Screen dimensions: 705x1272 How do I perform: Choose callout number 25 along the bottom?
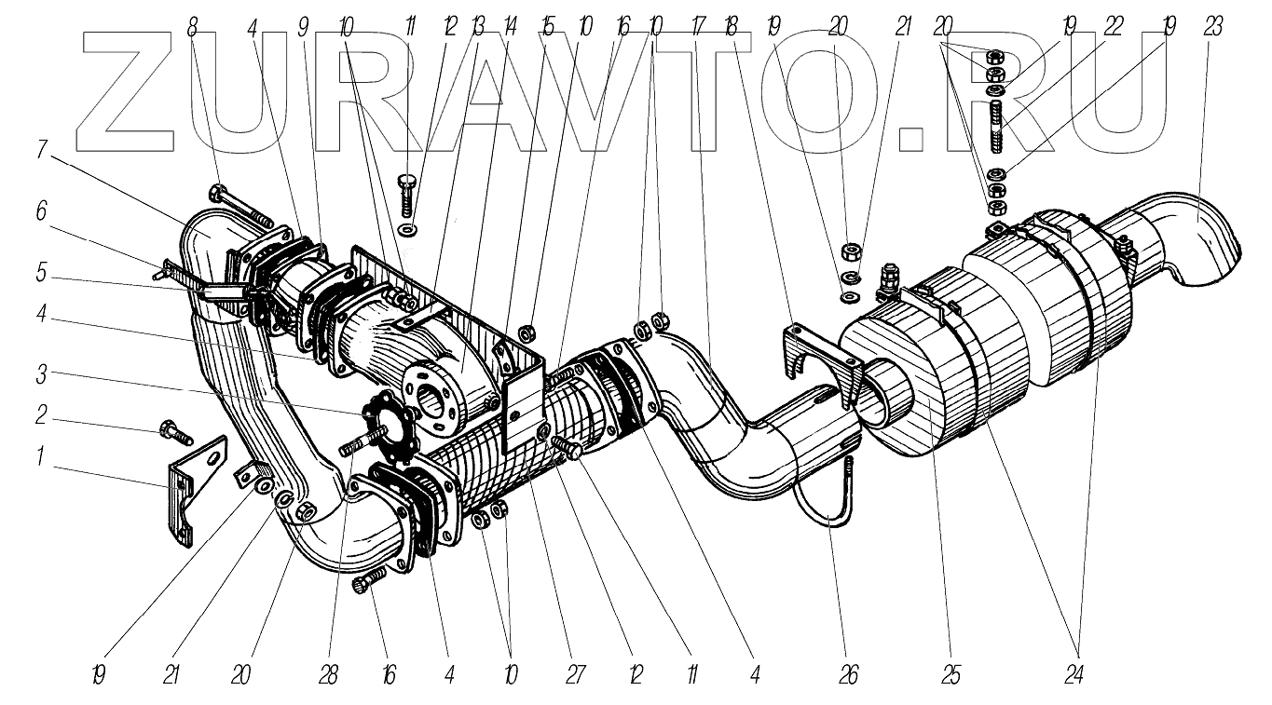pyautogui.click(x=950, y=673)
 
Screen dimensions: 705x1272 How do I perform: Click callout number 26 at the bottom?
pyautogui.click(x=847, y=673)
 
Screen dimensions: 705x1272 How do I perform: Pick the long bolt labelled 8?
pyautogui.click(x=240, y=208)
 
